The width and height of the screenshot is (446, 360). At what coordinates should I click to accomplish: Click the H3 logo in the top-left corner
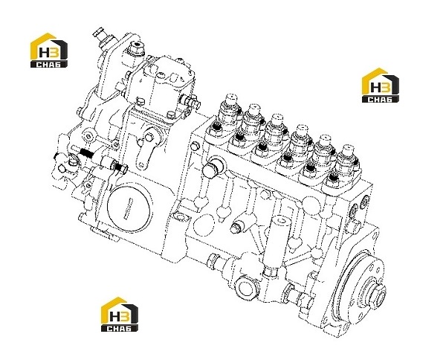pos(49,51)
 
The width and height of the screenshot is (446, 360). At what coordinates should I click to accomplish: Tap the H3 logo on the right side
pos(381,85)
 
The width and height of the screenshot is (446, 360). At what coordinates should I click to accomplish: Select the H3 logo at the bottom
pos(120,314)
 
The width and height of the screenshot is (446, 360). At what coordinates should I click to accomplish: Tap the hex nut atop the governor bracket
pos(136,48)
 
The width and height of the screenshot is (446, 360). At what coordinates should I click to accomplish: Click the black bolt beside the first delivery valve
pos(217,127)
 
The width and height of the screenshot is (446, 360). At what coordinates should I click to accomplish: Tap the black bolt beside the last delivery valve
pos(333,178)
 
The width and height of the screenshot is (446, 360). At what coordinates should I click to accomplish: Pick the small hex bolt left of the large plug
pos(194,147)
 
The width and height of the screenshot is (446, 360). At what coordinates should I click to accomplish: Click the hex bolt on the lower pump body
pos(236,228)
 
